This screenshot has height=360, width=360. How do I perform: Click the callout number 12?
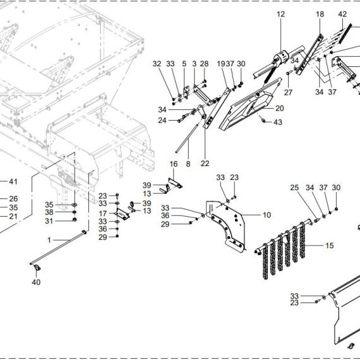(280, 15)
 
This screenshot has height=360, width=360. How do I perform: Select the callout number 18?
(320, 15)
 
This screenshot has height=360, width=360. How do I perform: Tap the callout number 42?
(342, 15)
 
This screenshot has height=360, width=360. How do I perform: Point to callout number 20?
(279, 108)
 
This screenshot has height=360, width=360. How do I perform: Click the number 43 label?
(277, 122)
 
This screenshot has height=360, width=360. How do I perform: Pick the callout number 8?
(188, 164)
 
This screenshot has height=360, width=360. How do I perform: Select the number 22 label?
(205, 164)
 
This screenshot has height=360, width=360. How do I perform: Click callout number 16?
(174, 164)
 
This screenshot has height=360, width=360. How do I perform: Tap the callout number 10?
(267, 215)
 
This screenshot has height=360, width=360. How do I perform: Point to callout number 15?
(330, 246)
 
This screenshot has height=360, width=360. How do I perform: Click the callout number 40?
(36, 282)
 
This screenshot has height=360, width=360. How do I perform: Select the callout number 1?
(49, 240)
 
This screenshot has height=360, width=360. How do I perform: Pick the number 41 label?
(13, 182)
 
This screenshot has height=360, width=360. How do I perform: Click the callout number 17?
(102, 213)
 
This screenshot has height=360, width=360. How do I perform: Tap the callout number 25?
(294, 188)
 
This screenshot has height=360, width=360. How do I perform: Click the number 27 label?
(288, 92)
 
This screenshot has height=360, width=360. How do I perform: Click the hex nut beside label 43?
(263, 120)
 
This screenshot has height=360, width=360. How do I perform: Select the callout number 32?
(157, 64)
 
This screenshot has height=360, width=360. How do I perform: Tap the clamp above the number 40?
(37, 268)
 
